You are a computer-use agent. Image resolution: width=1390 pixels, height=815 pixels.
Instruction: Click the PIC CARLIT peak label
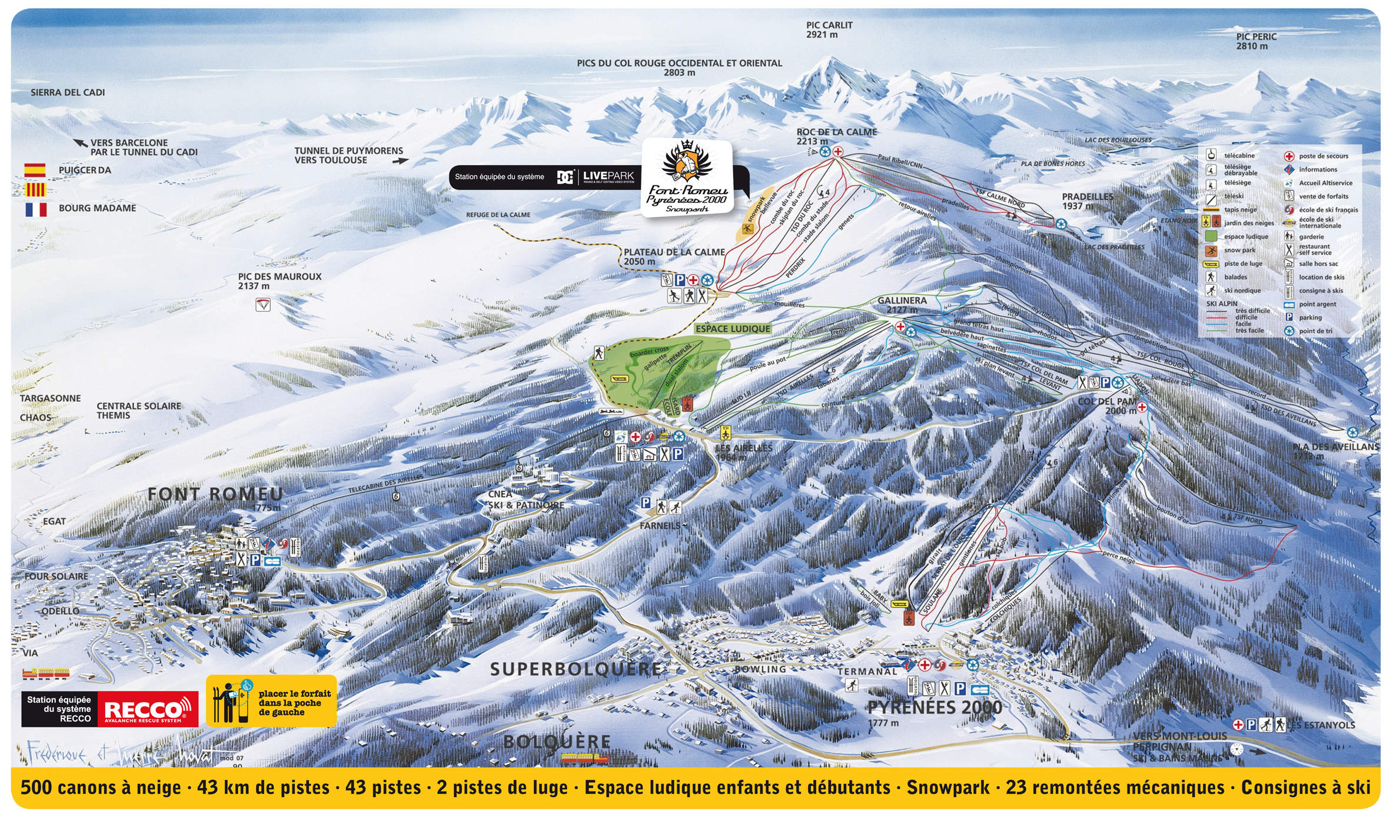[x=829, y=29]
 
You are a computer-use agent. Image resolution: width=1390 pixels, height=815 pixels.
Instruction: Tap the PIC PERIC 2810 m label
[x=1256, y=41]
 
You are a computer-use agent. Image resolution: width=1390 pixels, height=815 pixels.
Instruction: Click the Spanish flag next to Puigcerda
[x=35, y=170]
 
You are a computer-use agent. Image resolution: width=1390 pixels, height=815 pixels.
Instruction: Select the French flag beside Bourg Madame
[x=35, y=209]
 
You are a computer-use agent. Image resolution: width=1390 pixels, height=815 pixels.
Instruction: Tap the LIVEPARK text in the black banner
[x=608, y=175]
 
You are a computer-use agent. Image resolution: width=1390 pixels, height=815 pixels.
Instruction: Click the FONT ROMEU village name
[x=215, y=494]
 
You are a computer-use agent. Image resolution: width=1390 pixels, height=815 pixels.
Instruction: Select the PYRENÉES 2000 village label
[x=935, y=707]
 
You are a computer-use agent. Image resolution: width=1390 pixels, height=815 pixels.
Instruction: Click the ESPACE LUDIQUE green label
[x=732, y=328]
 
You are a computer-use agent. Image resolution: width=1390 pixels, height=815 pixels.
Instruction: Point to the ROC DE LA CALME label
[x=836, y=132]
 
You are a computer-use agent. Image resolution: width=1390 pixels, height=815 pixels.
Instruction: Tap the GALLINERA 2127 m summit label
[x=902, y=304]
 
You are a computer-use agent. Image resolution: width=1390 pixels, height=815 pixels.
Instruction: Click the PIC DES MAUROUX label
[x=280, y=281]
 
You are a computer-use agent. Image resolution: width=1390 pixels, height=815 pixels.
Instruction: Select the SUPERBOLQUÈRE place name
[x=576, y=669]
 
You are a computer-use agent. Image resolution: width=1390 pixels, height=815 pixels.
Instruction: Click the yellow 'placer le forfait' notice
[x=272, y=701]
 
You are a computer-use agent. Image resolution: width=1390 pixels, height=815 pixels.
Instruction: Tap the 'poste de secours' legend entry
[x=1323, y=156]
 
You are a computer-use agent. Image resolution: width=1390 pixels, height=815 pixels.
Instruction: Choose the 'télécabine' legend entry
[x=1239, y=155]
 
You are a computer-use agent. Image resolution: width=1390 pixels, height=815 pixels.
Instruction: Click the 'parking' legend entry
[x=1310, y=317]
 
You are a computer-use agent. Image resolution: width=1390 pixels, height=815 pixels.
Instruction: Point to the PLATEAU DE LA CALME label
[x=674, y=256]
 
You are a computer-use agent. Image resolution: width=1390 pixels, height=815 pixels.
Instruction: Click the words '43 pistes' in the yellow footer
[x=383, y=787]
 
